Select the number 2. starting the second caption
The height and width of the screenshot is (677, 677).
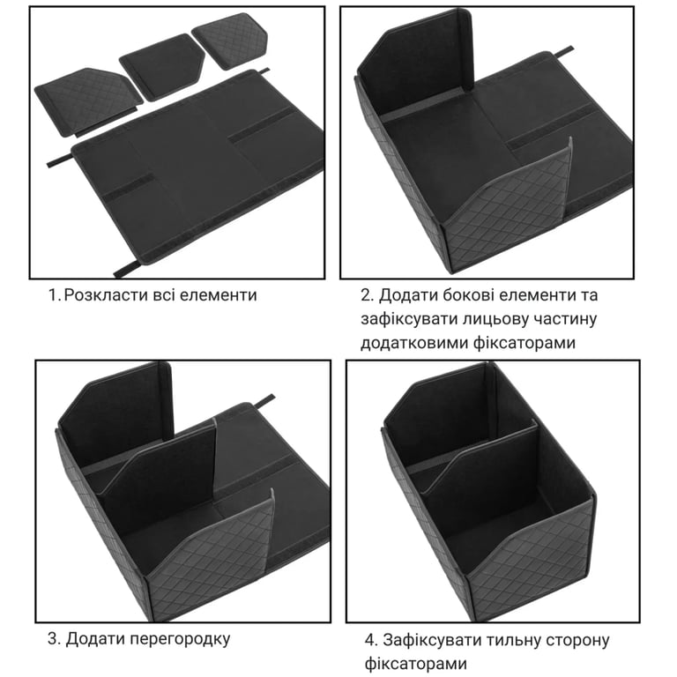click(x=368, y=295)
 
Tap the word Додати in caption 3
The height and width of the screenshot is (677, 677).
click(x=95, y=639)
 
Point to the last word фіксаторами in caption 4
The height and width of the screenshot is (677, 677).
click(x=416, y=664)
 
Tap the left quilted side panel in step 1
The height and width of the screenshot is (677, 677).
click(x=88, y=101)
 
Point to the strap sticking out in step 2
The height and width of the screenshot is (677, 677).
click(x=562, y=52)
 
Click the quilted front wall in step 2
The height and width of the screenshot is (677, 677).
click(x=509, y=205)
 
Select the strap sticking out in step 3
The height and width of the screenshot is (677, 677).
click(x=264, y=401)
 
